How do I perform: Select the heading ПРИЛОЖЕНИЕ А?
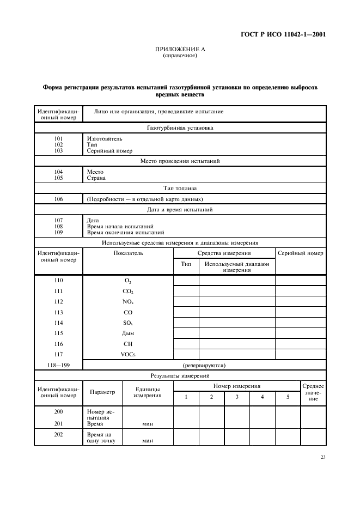coord(180,49)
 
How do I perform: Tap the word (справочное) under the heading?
coord(180,55)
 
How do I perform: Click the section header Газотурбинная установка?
coord(180,128)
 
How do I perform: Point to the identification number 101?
coord(58,138)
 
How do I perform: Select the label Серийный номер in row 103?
coord(109,151)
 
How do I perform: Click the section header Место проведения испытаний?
coord(180,161)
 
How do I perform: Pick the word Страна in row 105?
coord(96,178)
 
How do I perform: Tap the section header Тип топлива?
coord(180,188)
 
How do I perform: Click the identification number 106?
coord(58,199)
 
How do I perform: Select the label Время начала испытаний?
coord(120,226)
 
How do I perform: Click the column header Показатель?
coord(128,253)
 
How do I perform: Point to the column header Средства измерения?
coord(224,253)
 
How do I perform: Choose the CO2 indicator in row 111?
coord(128,292)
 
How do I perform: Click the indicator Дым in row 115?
coord(128,333)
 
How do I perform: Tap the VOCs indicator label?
coord(128,354)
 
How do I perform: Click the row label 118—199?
coord(58,365)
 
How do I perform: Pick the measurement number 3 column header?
coord(237,397)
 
